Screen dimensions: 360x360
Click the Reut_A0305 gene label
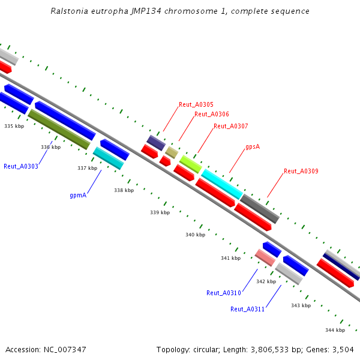(x=196, y=104)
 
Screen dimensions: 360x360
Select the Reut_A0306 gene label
(x=211, y=114)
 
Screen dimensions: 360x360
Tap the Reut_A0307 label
(x=230, y=126)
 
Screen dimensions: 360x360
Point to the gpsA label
(x=253, y=147)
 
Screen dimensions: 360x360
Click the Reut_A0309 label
(x=301, y=171)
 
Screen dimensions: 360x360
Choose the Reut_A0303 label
(x=20, y=166)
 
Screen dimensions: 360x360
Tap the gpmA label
(x=79, y=195)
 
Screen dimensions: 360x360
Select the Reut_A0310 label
(x=223, y=293)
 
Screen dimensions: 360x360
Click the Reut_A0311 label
(x=247, y=309)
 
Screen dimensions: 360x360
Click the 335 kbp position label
(x=14, y=126)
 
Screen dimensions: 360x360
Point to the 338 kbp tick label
(x=124, y=190)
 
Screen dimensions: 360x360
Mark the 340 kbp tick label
(x=195, y=235)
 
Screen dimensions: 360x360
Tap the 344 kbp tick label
(x=335, y=330)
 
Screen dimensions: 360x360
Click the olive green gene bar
(x=59, y=129)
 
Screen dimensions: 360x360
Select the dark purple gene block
(x=156, y=142)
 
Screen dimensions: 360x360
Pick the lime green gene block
(x=190, y=163)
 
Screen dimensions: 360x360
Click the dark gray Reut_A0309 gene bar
(x=260, y=208)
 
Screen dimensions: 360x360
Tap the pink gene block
(x=265, y=257)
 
